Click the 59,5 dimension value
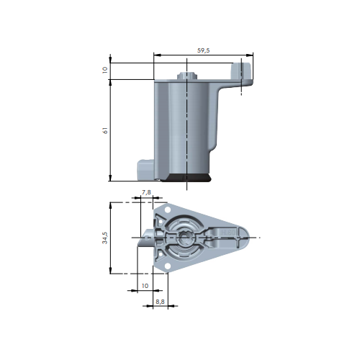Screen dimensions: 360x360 pyautogui.click(x=204, y=50)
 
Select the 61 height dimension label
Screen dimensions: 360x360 pyautogui.click(x=105, y=130)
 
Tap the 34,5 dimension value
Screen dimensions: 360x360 pyautogui.click(x=105, y=238)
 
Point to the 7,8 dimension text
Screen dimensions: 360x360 pyautogui.click(x=146, y=192)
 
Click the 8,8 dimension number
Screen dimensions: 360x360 pyautogui.click(x=160, y=302)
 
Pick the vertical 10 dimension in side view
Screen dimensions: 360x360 pyautogui.click(x=105, y=70)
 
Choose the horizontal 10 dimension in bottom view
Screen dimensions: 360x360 pyautogui.click(x=145, y=286)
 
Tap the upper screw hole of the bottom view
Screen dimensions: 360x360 pyautogui.click(x=168, y=210)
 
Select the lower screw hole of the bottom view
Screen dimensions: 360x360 pyautogui.click(x=168, y=266)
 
